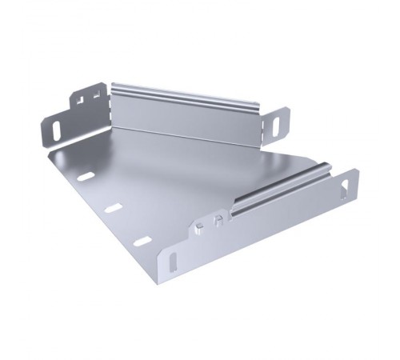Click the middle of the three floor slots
(x=114, y=208)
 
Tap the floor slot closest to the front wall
(x=142, y=241)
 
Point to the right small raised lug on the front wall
(x=217, y=221)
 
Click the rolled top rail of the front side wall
(x=280, y=188)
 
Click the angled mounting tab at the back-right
(x=274, y=124)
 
